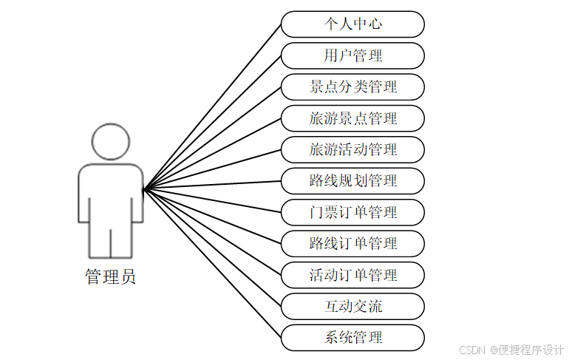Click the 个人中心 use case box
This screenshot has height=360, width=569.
point(352,24)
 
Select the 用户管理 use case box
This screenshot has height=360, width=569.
point(352,55)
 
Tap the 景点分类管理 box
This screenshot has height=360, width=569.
point(352,86)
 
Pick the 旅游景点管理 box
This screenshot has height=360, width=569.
point(352,118)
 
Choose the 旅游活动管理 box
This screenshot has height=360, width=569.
point(352,149)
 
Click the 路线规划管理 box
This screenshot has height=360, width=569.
point(352,180)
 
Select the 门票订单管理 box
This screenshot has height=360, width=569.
point(352,212)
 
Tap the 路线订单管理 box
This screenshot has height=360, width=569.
point(352,243)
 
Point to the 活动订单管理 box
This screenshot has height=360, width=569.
point(352,275)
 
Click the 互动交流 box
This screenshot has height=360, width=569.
point(352,306)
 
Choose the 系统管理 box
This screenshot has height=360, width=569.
point(352,338)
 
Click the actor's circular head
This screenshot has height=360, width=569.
point(111,141)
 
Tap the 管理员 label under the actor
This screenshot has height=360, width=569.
point(111,277)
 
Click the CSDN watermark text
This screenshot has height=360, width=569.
point(471,350)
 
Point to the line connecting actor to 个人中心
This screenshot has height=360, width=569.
point(213,106)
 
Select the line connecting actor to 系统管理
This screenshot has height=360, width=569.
point(213,264)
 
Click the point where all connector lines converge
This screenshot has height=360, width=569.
point(145,189)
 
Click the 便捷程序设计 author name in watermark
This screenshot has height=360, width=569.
point(531,350)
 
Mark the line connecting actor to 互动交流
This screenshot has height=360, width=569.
point(213,248)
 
